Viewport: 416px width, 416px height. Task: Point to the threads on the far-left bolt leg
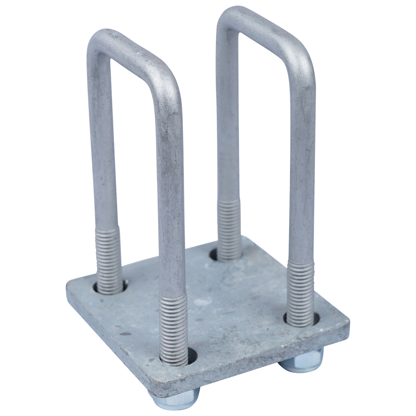click(x=108, y=257)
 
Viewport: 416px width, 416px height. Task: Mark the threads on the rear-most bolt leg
click(x=228, y=229)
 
